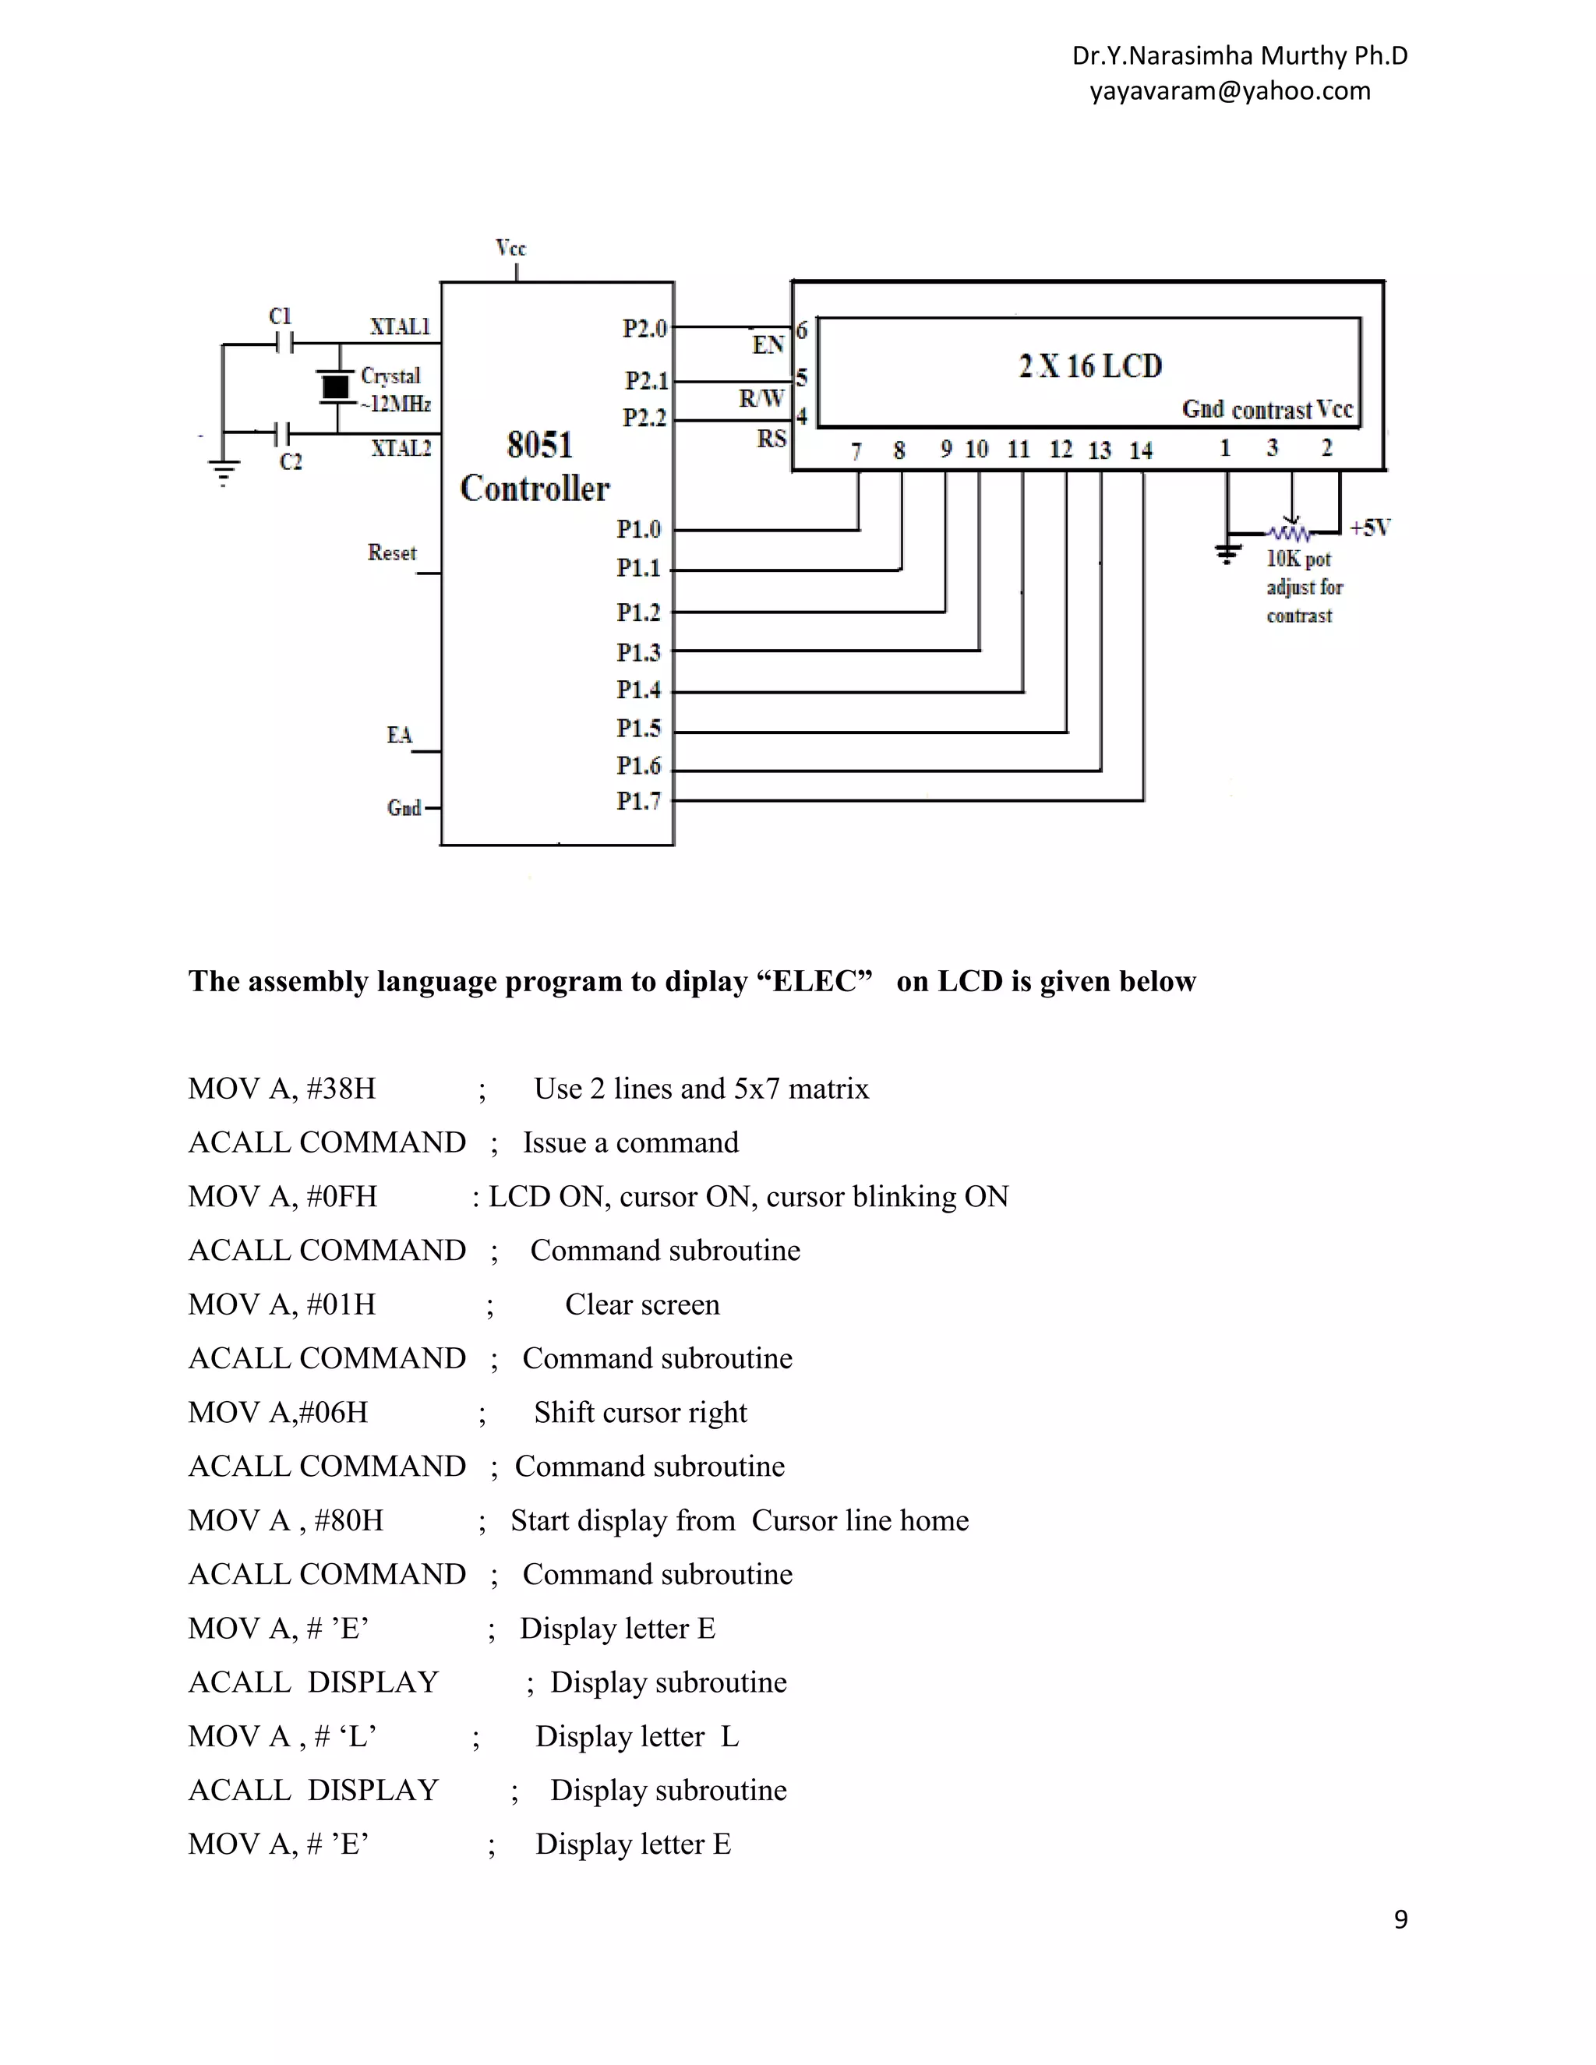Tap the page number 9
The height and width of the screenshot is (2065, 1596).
1400,1919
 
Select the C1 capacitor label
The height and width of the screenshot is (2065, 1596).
280,316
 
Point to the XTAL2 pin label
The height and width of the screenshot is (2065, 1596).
401,448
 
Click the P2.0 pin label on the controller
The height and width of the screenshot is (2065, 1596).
644,328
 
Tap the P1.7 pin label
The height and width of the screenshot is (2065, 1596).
638,801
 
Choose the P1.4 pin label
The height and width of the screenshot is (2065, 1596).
638,690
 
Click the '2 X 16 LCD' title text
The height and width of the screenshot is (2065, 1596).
1089,366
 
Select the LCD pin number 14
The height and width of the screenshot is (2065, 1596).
1140,450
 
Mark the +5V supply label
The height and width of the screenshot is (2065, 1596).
1369,528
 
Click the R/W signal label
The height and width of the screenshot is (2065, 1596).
761,398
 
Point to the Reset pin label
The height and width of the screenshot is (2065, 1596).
391,552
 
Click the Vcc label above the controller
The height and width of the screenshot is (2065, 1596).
510,248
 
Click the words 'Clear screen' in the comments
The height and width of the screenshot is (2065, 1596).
642,1304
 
